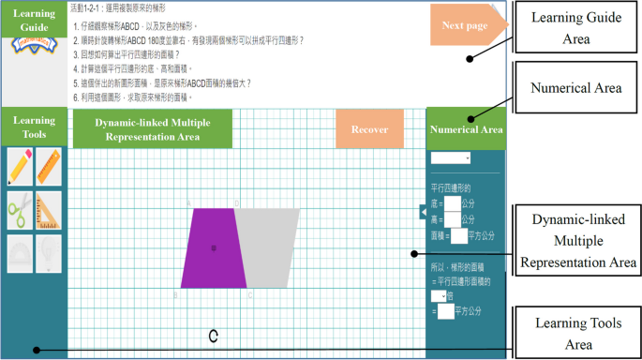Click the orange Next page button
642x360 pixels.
(x=465, y=25)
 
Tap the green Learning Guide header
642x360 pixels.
(x=35, y=22)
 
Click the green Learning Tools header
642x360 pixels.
(x=34, y=127)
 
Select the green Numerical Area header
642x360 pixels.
(x=466, y=129)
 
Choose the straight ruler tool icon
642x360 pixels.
(x=49, y=167)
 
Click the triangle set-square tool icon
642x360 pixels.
(x=49, y=209)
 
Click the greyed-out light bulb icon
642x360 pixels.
(x=49, y=250)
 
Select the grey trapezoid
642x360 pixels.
(x=270, y=248)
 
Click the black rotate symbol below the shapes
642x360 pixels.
(x=214, y=335)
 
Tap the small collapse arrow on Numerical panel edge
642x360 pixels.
(x=423, y=215)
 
